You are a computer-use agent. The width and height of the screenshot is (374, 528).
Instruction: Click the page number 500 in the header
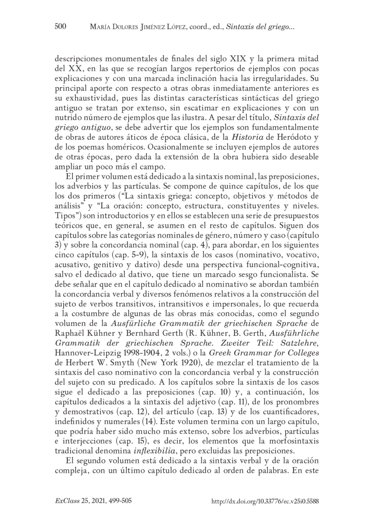pyautogui.click(x=61, y=28)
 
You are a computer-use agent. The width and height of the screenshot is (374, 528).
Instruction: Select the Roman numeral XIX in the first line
pyautogui.click(x=222, y=60)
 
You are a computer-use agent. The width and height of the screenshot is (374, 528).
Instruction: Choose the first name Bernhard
pyautogui.click(x=156, y=340)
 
